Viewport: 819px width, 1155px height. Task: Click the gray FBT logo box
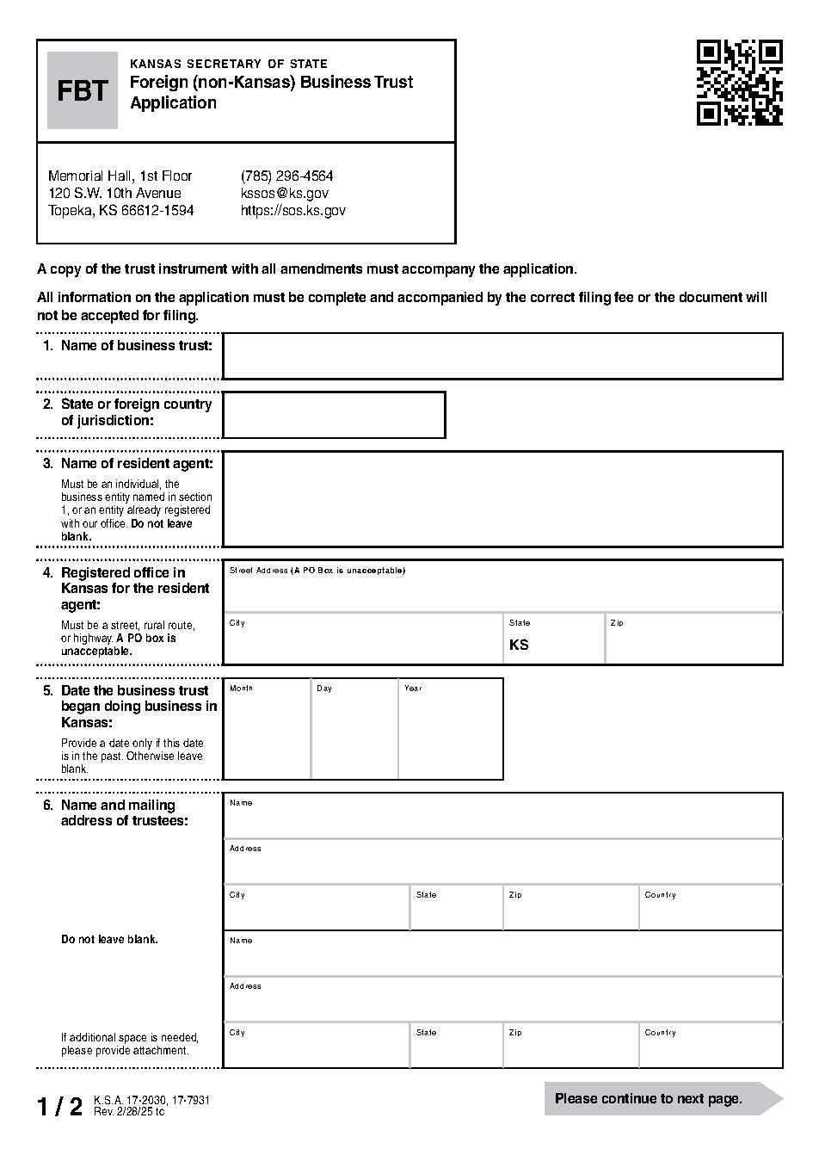82,90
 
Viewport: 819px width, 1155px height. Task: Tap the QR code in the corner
739,83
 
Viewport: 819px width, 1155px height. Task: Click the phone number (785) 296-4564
286,176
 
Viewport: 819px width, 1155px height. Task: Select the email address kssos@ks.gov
284,193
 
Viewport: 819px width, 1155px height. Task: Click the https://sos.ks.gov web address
292,210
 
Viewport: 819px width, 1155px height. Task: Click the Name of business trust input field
502,356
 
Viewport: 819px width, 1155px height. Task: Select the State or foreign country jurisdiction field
334,415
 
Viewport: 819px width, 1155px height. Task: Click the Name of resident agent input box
502,499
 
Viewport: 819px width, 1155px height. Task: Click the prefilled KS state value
519,645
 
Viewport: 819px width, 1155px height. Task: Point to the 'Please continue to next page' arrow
662,1098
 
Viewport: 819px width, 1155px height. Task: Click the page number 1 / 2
59,1106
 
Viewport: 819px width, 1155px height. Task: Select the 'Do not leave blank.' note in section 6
109,939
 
